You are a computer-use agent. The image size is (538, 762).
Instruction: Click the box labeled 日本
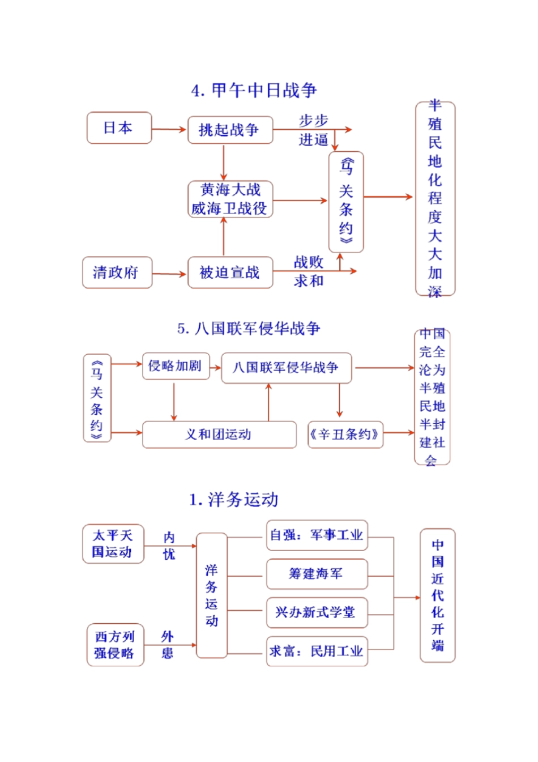[119, 128]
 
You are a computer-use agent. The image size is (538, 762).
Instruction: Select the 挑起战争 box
[230, 130]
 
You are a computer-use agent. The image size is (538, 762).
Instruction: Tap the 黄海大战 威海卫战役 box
[230, 199]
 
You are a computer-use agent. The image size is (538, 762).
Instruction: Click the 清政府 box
[117, 273]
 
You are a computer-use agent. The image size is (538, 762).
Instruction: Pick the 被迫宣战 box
[230, 273]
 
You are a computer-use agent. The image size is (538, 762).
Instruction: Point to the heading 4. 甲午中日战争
[254, 91]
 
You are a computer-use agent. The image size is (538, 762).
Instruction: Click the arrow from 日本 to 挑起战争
[169, 130]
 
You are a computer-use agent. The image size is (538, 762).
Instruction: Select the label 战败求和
[309, 271]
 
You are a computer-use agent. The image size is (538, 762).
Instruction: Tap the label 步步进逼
[313, 130]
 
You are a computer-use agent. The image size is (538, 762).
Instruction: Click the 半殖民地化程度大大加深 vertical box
[435, 198]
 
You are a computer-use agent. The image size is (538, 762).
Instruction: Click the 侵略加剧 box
[175, 366]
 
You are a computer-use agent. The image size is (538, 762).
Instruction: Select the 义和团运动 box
[219, 435]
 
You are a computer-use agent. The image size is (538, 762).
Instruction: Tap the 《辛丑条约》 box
[345, 435]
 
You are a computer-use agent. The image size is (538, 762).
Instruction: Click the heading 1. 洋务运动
[234, 500]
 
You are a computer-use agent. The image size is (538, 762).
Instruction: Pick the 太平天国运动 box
[113, 544]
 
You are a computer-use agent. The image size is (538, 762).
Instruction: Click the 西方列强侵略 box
[115, 645]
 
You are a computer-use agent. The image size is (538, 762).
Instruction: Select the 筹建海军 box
[317, 574]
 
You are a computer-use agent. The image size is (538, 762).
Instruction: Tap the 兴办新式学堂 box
[317, 612]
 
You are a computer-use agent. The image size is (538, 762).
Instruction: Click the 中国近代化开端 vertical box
[437, 595]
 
